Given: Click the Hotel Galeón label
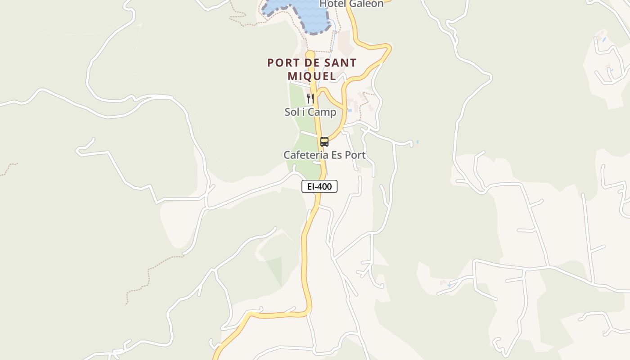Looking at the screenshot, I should click(351, 4).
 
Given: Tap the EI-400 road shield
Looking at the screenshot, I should click(319, 186).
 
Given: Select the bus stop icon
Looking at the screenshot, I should click(324, 142).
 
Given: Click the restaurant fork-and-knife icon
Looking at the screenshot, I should click(310, 98).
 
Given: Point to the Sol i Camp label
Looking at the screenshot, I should click(310, 112).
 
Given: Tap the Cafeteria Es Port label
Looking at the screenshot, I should click(324, 155).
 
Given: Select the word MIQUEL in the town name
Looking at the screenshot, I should click(312, 76).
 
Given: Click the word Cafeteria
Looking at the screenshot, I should click(303, 155).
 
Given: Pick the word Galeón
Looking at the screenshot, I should click(367, 4).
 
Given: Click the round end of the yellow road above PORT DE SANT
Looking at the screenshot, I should click(310, 55).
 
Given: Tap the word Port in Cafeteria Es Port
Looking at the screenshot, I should click(355, 155).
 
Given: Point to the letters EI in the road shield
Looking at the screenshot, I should click(310, 186).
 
